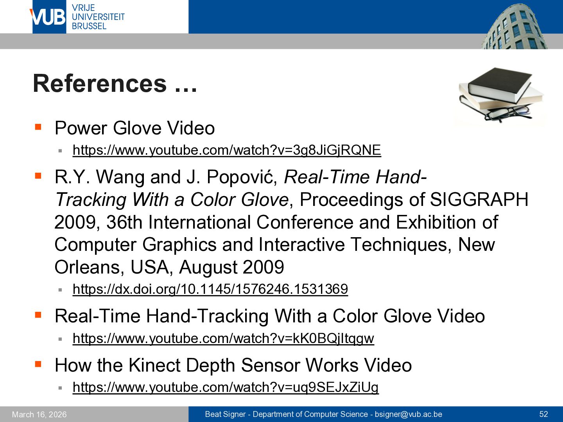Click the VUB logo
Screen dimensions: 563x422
point(49,17)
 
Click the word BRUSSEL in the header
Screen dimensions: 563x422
point(89,26)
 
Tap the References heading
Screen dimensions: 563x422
point(115,84)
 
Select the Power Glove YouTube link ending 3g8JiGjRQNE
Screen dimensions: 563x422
point(227,150)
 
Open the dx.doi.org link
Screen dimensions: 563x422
point(210,289)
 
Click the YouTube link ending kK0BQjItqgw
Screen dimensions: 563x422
point(223,338)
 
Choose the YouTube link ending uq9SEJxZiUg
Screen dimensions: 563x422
point(226,387)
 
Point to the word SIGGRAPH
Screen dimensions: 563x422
point(479,200)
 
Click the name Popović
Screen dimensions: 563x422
point(242,177)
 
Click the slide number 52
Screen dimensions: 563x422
point(543,414)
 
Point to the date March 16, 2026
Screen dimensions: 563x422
point(39,415)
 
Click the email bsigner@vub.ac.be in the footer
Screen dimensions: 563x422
point(408,414)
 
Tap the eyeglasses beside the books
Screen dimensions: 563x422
point(508,113)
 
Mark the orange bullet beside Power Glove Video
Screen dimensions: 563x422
point(38,127)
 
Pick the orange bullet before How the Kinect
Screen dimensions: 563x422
point(38,364)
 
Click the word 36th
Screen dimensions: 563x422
point(124,222)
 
